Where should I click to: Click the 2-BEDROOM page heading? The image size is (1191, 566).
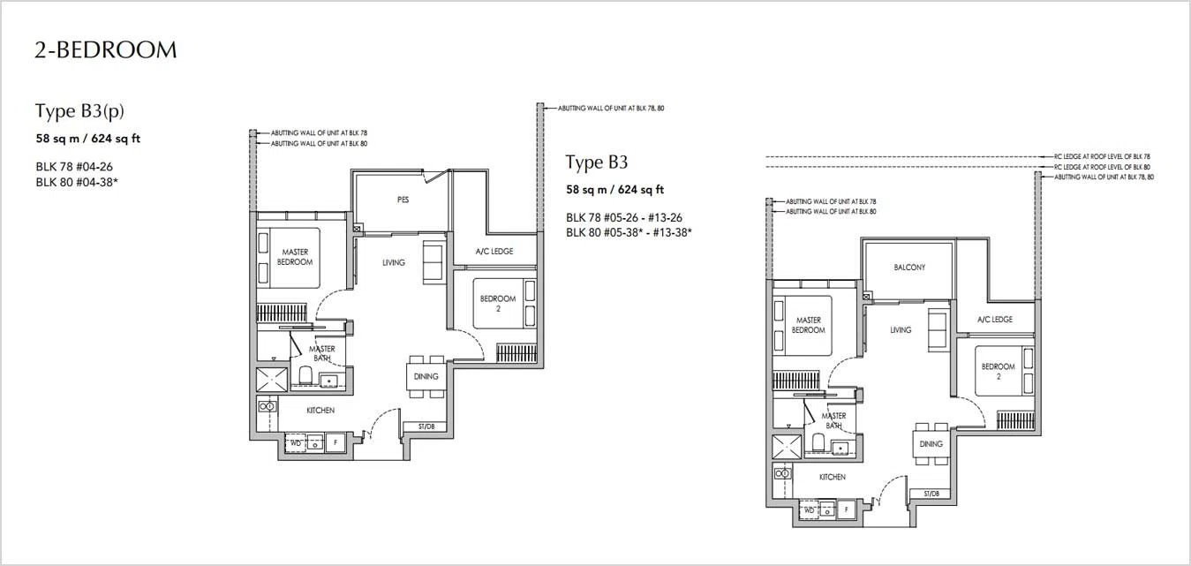pyautogui.click(x=106, y=50)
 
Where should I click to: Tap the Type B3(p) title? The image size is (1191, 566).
pyautogui.click(x=79, y=110)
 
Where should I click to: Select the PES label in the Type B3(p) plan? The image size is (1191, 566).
pyautogui.click(x=403, y=200)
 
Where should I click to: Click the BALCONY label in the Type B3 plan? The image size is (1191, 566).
pyautogui.click(x=909, y=267)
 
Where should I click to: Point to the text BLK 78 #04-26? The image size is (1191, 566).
pyautogui.click(x=74, y=167)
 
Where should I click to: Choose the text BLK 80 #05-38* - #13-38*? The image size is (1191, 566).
pyautogui.click(x=629, y=232)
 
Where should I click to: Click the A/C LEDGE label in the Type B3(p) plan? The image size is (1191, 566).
pyautogui.click(x=494, y=251)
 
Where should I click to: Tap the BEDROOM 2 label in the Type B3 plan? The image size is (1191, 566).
pyautogui.click(x=998, y=372)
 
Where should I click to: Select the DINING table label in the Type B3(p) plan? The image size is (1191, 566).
pyautogui.click(x=426, y=376)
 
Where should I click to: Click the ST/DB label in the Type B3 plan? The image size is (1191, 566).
pyautogui.click(x=931, y=493)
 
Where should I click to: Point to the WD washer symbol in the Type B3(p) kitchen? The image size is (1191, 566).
pyautogui.click(x=296, y=442)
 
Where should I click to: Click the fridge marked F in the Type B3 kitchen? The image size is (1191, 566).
pyautogui.click(x=846, y=509)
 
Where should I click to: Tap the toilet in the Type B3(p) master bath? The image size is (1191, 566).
pyautogui.click(x=305, y=374)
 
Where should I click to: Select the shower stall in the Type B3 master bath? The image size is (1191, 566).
pyautogui.click(x=787, y=447)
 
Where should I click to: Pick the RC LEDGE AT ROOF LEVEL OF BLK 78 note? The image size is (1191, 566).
pyautogui.click(x=1102, y=156)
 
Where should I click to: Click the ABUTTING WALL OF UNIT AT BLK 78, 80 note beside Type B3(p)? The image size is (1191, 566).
pyautogui.click(x=611, y=108)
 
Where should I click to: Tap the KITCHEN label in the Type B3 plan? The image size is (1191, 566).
pyautogui.click(x=832, y=477)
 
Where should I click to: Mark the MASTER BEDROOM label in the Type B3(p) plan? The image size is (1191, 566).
pyautogui.click(x=295, y=257)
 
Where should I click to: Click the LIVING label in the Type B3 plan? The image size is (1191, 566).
pyautogui.click(x=901, y=330)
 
